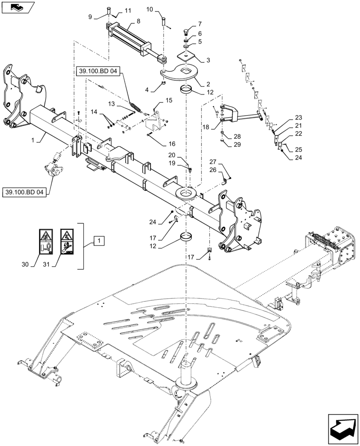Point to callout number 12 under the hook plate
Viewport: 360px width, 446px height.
click(210, 92)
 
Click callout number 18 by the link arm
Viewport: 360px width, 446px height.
click(205, 127)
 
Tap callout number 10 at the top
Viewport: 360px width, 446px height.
click(149, 9)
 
